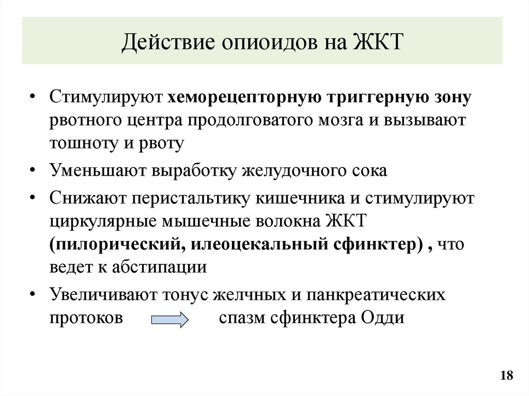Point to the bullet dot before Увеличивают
(x=33, y=295)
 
